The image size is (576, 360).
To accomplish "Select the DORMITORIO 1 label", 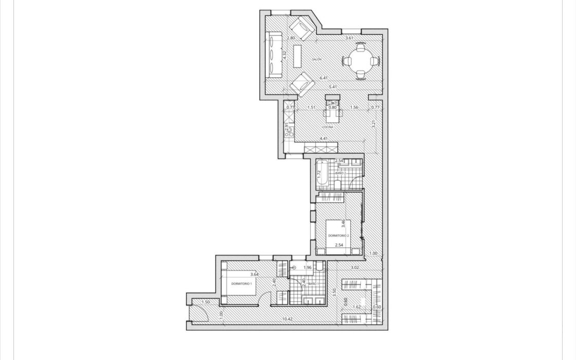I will (241, 283).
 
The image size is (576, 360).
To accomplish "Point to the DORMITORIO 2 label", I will (338, 236).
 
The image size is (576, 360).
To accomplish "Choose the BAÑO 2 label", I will (340, 174).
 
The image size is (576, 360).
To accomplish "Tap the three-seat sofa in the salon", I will (273, 54).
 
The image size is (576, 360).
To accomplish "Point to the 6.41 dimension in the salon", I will (323, 78).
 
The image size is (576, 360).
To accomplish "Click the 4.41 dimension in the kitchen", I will (323, 138).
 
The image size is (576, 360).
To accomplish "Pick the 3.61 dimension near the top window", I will (349, 38).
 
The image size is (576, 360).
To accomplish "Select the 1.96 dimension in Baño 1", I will (308, 267).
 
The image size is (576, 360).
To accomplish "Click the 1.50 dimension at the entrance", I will (206, 302).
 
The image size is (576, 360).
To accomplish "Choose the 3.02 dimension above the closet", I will (355, 267).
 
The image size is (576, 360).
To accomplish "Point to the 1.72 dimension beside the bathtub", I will (319, 174).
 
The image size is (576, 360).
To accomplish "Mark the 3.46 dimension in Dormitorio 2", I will (343, 224).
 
